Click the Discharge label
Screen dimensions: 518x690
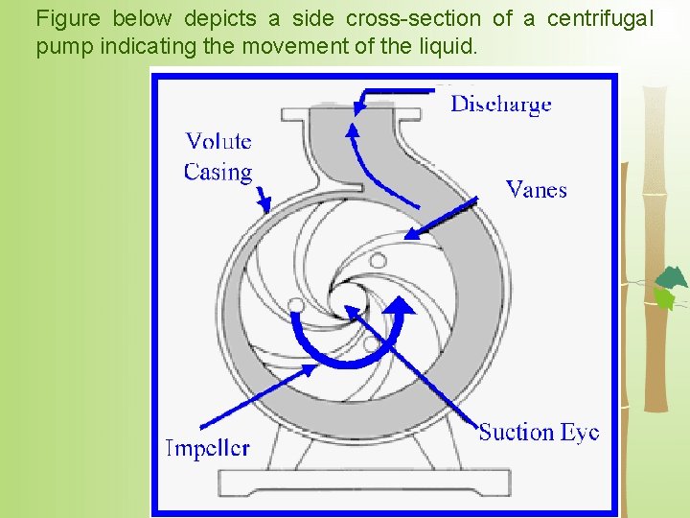pyautogui.click(x=500, y=104)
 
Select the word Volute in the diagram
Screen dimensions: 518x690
pyautogui.click(x=218, y=142)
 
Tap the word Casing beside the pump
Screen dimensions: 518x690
pyautogui.click(x=218, y=173)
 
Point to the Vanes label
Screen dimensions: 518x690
pyautogui.click(x=536, y=189)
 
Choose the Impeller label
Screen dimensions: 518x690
pyautogui.click(x=208, y=448)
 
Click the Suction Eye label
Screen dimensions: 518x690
pyautogui.click(x=539, y=433)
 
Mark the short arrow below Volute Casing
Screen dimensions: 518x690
pyautogui.click(x=263, y=200)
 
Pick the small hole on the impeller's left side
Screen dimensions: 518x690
pyautogui.click(x=297, y=305)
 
